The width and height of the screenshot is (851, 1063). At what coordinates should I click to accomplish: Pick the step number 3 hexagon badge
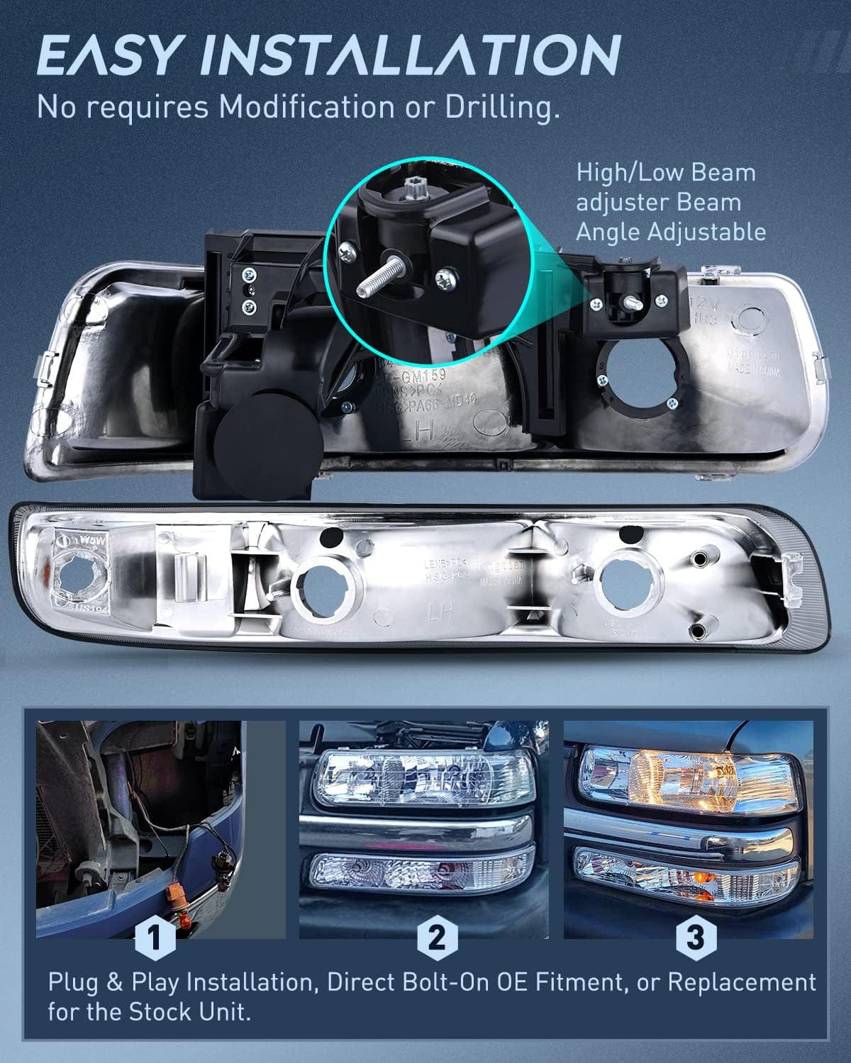coord(696,938)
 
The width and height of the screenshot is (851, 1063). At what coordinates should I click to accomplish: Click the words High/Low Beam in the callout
coord(666,172)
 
